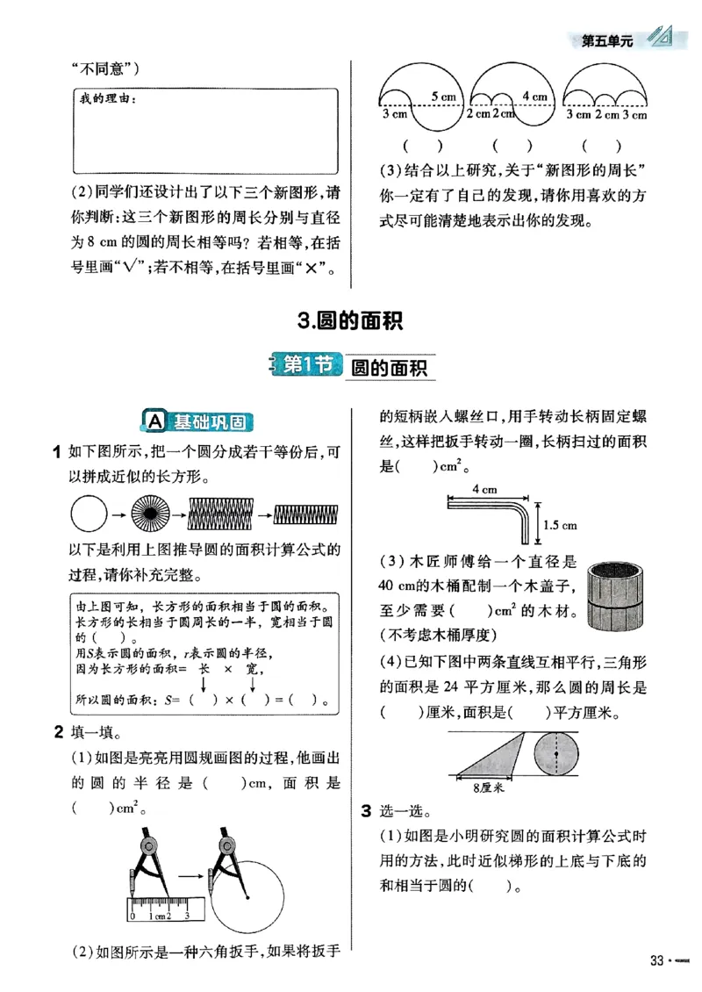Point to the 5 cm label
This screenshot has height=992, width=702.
[442, 96]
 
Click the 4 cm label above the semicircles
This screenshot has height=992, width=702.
[534, 96]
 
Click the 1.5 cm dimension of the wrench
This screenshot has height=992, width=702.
[559, 525]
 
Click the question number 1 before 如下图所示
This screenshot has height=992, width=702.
[58, 452]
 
